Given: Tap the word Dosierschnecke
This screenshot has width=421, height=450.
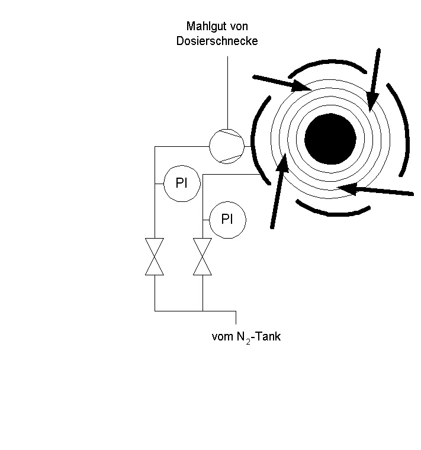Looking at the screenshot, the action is [x=217, y=41].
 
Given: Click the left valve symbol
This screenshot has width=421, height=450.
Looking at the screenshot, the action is [x=155, y=256].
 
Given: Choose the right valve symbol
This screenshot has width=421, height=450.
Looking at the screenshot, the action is [x=203, y=256].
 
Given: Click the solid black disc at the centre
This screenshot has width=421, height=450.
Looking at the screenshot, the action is [x=330, y=139].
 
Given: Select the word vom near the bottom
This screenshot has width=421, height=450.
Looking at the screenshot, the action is [x=223, y=337].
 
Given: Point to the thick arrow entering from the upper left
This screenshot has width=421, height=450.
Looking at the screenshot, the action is [x=282, y=83].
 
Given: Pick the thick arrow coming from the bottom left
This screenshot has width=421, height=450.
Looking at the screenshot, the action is [x=279, y=191].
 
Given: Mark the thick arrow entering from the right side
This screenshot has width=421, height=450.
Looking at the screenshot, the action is [x=375, y=190].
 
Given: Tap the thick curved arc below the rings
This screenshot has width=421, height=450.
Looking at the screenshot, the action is [x=333, y=214].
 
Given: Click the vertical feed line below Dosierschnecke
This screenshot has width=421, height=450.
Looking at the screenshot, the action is [x=227, y=92].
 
